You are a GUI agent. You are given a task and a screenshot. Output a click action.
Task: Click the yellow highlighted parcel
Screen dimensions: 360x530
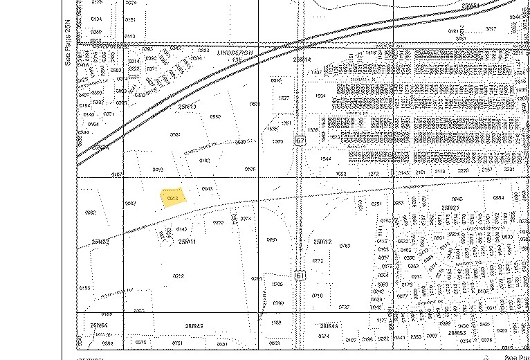172,198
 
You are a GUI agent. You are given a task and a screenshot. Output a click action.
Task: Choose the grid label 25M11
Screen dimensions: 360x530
188,241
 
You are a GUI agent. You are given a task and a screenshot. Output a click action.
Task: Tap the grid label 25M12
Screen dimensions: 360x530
322,241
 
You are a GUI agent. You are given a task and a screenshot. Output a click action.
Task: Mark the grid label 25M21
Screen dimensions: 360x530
450,208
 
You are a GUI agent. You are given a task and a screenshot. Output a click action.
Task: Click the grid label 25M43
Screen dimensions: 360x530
194,325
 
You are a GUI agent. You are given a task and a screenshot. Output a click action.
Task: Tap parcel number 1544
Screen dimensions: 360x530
325,159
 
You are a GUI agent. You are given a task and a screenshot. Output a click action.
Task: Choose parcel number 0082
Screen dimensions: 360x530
90,213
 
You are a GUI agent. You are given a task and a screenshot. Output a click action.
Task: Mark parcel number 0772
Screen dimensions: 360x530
318,260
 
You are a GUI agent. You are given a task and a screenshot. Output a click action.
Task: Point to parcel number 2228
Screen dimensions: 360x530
463,170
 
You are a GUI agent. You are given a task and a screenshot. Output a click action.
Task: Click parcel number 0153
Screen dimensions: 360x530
85,287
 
